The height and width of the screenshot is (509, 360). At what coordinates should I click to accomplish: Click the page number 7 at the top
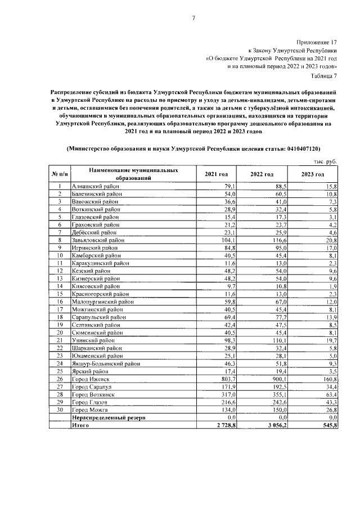(193, 18)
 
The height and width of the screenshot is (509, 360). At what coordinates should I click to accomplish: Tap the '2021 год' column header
(216, 174)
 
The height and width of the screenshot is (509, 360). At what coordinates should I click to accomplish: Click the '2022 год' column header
(262, 174)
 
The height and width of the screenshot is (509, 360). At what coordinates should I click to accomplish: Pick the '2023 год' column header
(313, 174)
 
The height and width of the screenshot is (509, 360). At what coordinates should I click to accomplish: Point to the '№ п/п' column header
(60, 174)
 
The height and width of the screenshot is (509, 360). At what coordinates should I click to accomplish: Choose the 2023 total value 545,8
(327, 426)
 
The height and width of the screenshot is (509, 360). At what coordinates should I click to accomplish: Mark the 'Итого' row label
(81, 426)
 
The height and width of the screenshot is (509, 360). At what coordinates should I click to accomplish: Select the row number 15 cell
(60, 294)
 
